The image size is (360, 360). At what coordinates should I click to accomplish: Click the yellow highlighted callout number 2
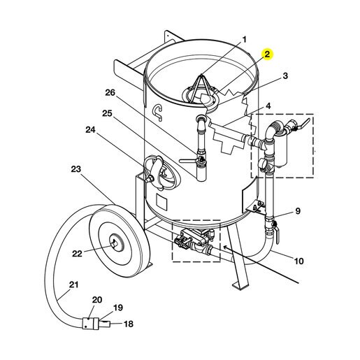267,55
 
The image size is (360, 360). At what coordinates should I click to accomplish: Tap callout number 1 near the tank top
244,40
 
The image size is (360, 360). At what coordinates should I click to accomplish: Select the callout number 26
110,92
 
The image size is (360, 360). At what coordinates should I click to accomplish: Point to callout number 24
91,129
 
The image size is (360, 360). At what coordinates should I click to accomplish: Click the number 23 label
76,169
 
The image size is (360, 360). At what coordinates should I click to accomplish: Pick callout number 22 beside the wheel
77,254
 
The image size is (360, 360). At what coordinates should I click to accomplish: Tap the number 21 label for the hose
73,285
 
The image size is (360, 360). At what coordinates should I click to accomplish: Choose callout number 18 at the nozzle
129,324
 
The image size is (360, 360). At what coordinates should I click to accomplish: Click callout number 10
298,261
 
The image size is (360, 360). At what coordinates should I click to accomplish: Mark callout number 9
298,211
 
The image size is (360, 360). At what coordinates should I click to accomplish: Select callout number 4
268,106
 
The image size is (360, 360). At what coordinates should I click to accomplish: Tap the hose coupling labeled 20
89,323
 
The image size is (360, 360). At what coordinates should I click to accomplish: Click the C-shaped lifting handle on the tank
158,113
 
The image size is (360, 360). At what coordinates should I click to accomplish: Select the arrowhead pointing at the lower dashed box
226,247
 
